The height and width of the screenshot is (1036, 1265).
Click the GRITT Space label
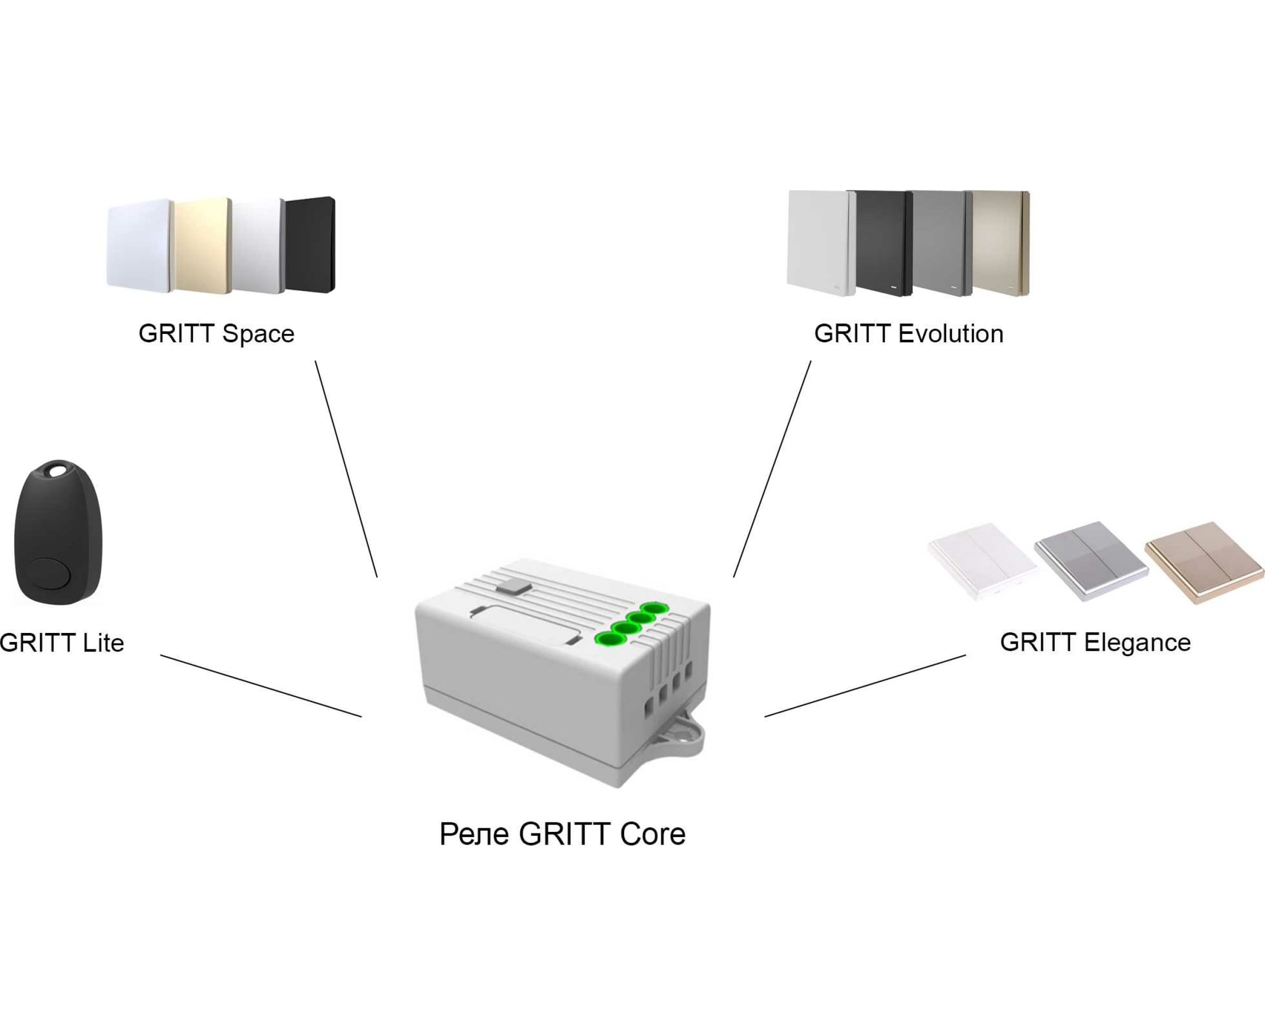coord(216,333)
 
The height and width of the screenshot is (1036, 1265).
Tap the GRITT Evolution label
coord(908,333)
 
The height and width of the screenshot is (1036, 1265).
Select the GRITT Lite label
coord(62,642)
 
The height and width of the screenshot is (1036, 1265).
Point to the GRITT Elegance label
coord(1095,642)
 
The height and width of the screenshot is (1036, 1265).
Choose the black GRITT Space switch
coord(309,245)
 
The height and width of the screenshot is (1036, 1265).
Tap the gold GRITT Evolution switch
coord(998,243)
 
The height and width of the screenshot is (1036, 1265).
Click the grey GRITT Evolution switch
coord(940,243)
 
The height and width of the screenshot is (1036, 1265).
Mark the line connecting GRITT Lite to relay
coord(260,686)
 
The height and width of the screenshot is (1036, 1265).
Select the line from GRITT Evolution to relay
coord(772,469)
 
